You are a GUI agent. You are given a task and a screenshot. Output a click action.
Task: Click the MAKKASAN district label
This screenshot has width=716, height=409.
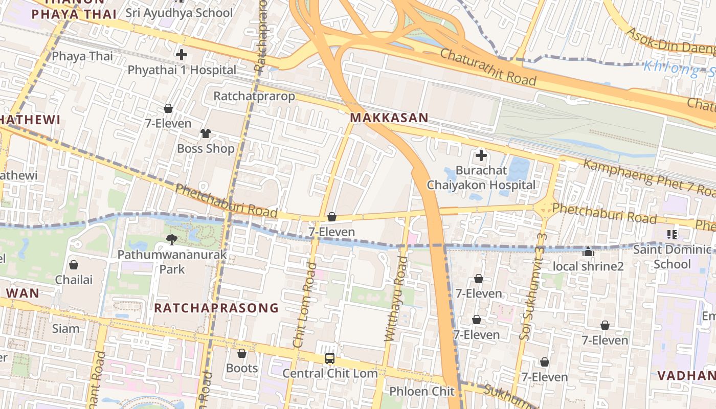[x=389, y=118]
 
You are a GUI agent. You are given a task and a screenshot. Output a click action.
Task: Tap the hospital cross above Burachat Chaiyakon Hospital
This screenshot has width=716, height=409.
[x=481, y=155]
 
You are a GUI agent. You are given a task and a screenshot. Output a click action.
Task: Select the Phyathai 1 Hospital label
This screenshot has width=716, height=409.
[x=182, y=70]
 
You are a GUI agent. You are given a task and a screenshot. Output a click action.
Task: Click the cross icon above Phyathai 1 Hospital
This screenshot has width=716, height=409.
[x=182, y=54]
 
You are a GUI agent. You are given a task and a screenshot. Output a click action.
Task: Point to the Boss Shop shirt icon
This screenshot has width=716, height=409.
[x=205, y=133]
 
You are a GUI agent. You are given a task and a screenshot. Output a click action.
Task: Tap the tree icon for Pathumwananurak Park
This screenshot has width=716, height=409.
[x=172, y=239]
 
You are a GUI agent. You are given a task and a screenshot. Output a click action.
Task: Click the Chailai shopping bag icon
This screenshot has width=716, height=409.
[x=74, y=265]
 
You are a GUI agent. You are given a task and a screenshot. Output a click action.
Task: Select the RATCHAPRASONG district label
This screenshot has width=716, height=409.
[x=216, y=308]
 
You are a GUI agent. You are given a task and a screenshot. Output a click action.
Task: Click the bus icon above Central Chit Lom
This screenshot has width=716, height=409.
[x=330, y=358]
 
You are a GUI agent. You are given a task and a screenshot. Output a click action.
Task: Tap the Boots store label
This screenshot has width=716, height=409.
[x=242, y=368]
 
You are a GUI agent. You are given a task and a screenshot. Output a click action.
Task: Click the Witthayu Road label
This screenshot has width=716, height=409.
[x=394, y=299]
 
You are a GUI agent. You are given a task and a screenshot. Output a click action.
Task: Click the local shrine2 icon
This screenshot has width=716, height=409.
[x=588, y=252]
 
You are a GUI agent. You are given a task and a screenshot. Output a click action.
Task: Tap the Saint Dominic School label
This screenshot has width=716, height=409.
[x=672, y=257]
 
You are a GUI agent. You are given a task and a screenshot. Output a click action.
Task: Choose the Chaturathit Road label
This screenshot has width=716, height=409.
[x=487, y=67]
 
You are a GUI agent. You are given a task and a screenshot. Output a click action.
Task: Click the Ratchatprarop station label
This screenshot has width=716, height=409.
[x=254, y=96]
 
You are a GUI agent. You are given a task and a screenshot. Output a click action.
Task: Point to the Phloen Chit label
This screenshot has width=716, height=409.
[x=421, y=392]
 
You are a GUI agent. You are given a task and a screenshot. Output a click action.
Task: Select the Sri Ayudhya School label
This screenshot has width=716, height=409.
[x=179, y=13]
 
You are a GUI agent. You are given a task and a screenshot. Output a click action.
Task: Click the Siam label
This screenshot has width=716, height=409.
[x=66, y=328]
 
